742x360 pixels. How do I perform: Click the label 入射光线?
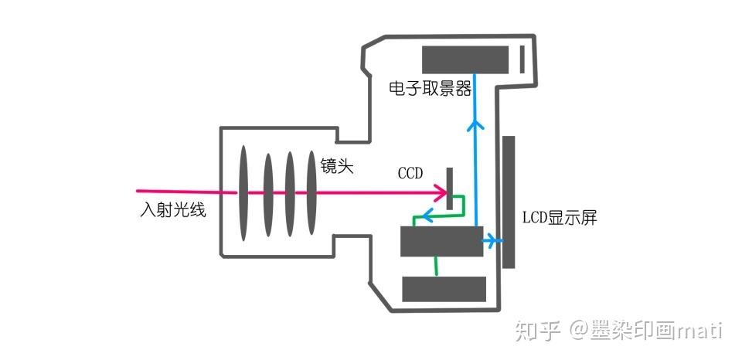coord(172,210)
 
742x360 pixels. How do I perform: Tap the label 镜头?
coord(337,166)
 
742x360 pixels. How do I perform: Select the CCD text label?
coord(410,174)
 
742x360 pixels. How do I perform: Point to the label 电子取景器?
coord(430,89)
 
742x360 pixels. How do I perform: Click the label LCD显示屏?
coord(560,218)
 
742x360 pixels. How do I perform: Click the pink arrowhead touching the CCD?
coord(441,192)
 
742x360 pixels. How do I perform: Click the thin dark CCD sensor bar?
coord(450,188)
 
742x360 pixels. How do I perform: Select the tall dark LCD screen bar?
coord(509,202)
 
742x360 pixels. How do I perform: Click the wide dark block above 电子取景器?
coord(465,59)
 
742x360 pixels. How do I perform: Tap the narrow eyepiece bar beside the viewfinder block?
coord(522,59)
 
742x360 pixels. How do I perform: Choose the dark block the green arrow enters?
coord(442,241)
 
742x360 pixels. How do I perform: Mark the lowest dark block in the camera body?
coord(444,289)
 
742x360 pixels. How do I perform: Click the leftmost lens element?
coord(243,193)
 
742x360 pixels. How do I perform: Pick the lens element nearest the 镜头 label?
coord(311,192)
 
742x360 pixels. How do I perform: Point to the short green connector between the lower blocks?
coord(436,267)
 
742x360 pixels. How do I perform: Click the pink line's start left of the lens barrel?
coord(138,191)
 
